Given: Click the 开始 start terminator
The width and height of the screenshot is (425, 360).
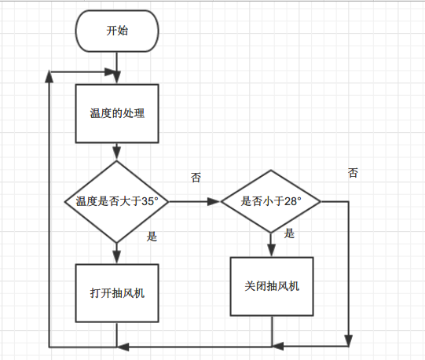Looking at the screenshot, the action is click(117, 31).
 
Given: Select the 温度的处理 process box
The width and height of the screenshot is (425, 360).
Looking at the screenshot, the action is click(117, 113).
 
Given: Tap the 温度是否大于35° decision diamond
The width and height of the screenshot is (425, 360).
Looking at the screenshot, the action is click(116, 201).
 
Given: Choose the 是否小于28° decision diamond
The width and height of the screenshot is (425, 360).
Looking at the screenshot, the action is click(271, 201).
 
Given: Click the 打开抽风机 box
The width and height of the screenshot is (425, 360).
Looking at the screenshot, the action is click(117, 293).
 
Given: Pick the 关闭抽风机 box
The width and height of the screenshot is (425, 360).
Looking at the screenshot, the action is click(272, 286).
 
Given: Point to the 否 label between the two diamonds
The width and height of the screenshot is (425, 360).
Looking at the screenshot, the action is click(196, 178).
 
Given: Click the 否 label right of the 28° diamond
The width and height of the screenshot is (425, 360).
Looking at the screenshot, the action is click(353, 173).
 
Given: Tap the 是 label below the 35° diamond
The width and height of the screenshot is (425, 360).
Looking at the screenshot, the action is click(152, 237).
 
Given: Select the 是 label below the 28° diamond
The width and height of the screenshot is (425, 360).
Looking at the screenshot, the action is click(289, 233).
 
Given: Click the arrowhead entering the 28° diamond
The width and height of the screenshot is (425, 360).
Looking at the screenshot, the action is click(214, 201).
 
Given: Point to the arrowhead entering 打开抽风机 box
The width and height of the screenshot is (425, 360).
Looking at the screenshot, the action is click(116, 257).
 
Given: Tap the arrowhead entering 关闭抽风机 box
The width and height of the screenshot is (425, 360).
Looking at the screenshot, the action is click(271, 251).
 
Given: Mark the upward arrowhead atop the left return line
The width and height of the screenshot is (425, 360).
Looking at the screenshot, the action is click(49, 76).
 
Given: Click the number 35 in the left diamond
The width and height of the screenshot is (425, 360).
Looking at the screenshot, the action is click(148, 201).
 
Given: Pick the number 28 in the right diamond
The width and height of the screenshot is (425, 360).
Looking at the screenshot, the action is click(291, 201).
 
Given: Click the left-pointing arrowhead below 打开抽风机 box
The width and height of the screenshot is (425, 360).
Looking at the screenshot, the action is click(123, 347).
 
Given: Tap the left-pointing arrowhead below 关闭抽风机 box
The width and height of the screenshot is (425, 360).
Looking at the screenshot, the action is click(277, 346).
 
